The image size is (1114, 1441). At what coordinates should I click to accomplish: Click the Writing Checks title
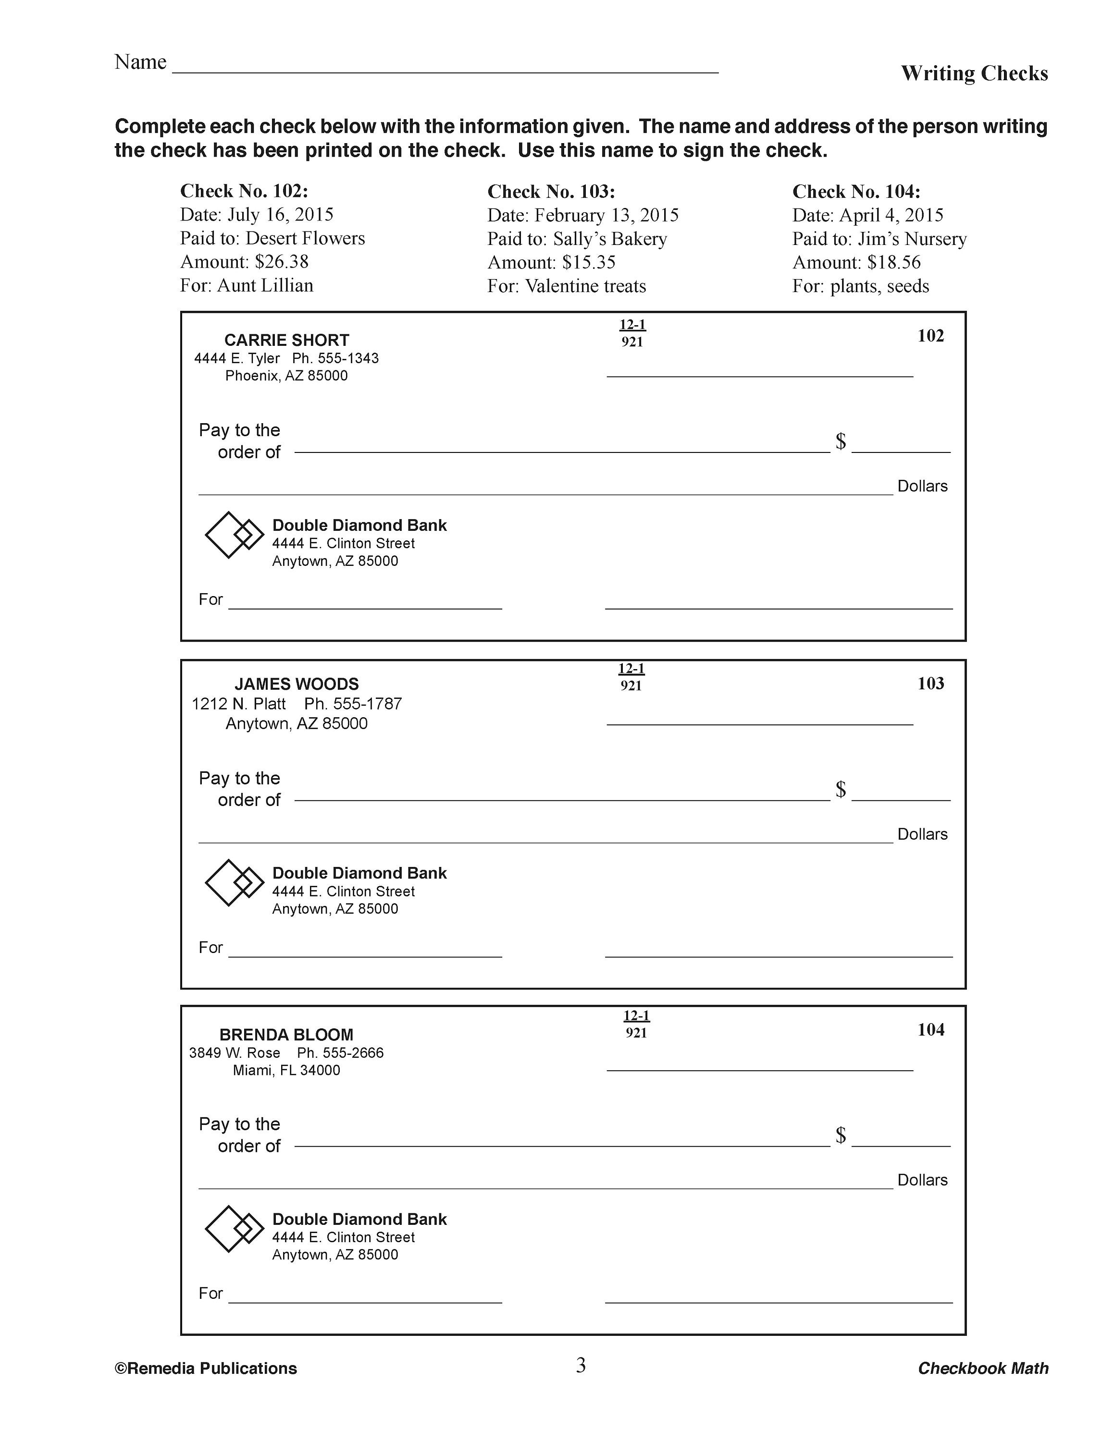(974, 73)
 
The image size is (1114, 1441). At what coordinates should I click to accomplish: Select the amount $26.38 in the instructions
(281, 262)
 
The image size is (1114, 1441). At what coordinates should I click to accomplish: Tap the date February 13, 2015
(606, 215)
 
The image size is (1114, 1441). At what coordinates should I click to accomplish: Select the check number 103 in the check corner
(930, 684)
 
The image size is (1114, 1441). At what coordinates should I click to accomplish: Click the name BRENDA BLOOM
(286, 1035)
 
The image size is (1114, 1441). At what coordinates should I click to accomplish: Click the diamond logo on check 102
(234, 535)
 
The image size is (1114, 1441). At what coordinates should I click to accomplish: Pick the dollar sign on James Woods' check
(840, 789)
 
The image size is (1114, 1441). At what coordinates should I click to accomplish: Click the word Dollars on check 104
(922, 1180)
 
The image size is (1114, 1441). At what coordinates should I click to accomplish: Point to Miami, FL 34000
(286, 1070)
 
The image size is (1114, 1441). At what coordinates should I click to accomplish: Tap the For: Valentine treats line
(566, 286)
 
